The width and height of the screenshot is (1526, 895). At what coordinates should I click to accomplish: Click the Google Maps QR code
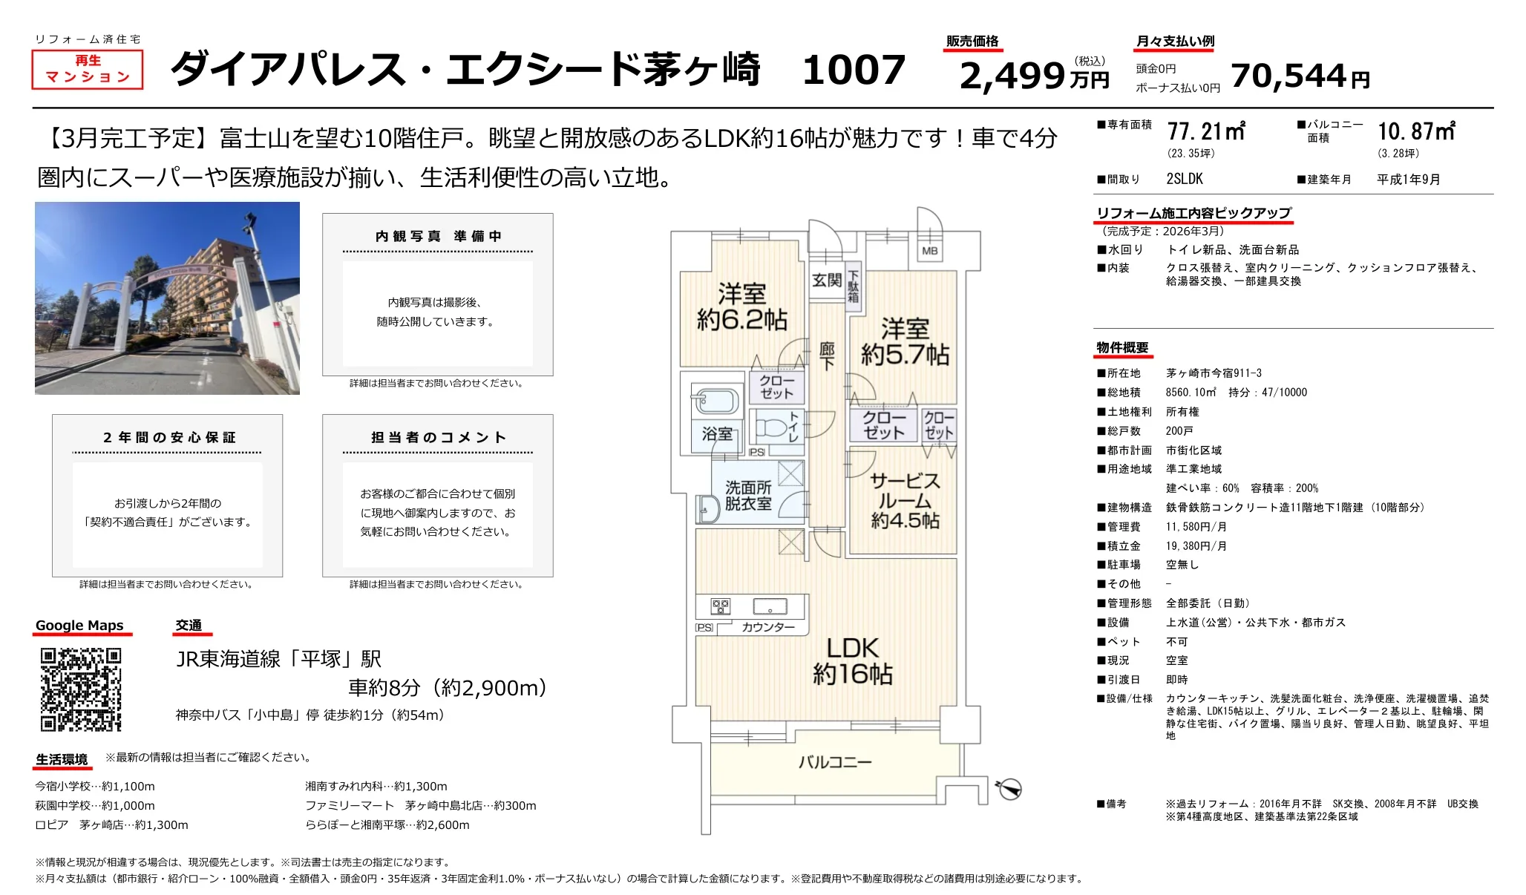pyautogui.click(x=81, y=689)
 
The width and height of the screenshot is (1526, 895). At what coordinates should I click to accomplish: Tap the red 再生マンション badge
pyautogui.click(x=88, y=69)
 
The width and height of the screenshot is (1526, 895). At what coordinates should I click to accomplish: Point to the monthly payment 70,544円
pyautogui.click(x=1300, y=76)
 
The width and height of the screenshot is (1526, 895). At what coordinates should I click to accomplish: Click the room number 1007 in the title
pyautogui.click(x=854, y=70)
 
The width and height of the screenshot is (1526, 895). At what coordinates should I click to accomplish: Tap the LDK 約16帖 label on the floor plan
pyautogui.click(x=853, y=660)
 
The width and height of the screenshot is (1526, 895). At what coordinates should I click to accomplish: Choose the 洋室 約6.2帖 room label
pyautogui.click(x=741, y=306)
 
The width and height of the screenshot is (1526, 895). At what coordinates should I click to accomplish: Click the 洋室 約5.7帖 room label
pyautogui.click(x=905, y=341)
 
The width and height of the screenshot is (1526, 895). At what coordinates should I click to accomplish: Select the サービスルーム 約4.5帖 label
pyautogui.click(x=905, y=501)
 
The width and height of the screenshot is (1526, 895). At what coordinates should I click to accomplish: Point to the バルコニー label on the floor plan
pyautogui.click(x=835, y=762)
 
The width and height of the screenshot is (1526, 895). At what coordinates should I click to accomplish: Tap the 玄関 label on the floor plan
pyautogui.click(x=826, y=280)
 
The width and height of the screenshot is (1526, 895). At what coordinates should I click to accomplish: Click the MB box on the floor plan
pyautogui.click(x=929, y=251)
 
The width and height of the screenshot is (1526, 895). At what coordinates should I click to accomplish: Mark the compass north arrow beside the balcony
pyautogui.click(x=1009, y=788)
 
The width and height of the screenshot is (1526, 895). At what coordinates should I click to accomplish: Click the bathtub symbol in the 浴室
pyautogui.click(x=715, y=401)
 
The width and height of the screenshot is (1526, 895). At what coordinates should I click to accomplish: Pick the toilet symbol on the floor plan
pyautogui.click(x=771, y=427)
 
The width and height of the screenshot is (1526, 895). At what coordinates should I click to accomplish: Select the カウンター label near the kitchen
pyautogui.click(x=768, y=627)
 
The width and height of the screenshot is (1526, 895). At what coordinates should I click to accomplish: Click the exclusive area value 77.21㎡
pyautogui.click(x=1206, y=132)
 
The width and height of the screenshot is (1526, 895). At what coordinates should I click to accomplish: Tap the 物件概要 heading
pyautogui.click(x=1122, y=348)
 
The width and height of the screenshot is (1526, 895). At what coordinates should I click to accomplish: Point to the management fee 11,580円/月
pyautogui.click(x=1196, y=527)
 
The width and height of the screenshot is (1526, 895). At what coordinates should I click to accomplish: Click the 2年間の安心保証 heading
pyautogui.click(x=169, y=438)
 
